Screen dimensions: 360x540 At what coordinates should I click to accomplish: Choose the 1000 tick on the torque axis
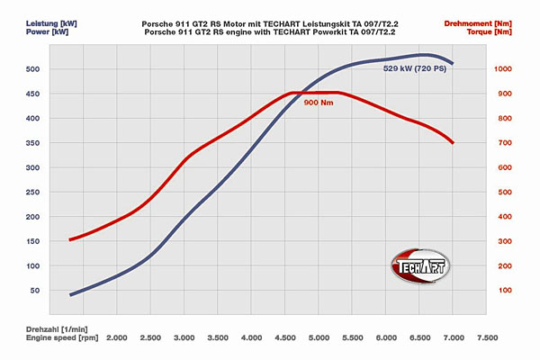coord(501,68)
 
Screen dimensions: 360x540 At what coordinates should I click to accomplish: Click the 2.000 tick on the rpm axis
coord(116,338)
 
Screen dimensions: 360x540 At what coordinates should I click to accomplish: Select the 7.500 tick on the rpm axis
coord(486,338)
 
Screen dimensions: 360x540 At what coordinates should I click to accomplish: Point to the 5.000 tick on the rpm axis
coord(319,338)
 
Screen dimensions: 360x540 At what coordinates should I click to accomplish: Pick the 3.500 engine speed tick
coord(218,338)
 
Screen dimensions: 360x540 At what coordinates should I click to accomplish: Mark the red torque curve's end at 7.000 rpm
coord(453,142)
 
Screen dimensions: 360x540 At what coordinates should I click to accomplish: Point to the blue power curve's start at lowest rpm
coord(71,294)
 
